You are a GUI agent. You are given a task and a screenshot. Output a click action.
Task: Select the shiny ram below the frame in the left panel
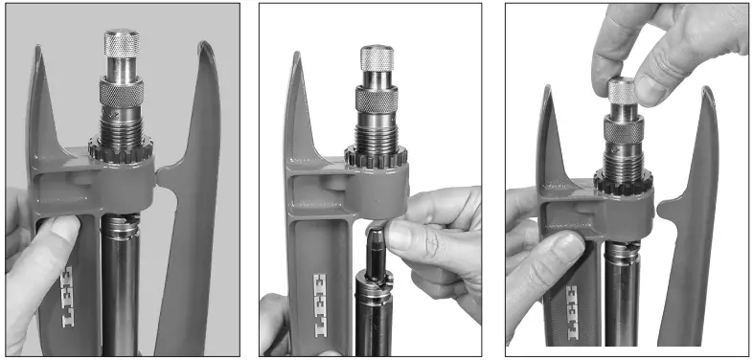pos(121,287)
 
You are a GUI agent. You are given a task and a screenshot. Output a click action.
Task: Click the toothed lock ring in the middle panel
pos(376,157)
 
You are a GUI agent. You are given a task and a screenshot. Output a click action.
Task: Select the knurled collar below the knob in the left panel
pos(121,93)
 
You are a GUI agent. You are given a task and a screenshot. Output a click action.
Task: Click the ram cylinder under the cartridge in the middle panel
pos(375,316)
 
